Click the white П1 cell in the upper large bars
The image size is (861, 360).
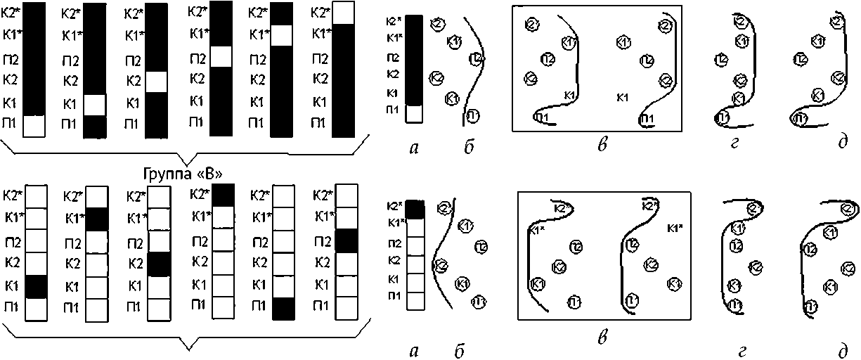(x=34, y=125)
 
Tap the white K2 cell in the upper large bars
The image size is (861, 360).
(x=156, y=82)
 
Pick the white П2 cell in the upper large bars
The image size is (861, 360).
(x=221, y=57)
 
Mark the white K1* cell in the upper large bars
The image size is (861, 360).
(x=281, y=35)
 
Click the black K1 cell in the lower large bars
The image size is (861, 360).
(x=36, y=287)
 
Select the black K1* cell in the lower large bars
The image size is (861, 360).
(x=97, y=219)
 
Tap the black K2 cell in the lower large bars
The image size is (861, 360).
(x=159, y=264)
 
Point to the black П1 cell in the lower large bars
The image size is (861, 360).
(x=284, y=308)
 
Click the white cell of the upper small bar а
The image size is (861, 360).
(x=413, y=113)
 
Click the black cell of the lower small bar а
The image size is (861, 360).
(x=415, y=208)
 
